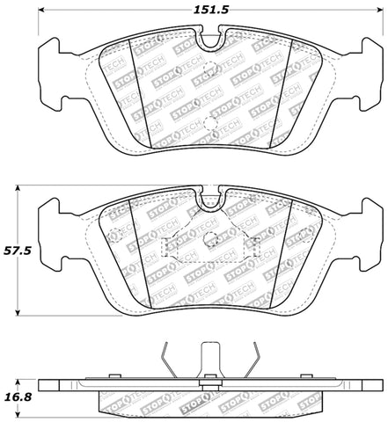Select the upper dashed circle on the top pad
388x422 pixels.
click(x=209, y=72)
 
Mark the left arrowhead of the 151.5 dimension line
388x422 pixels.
click(x=44, y=11)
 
